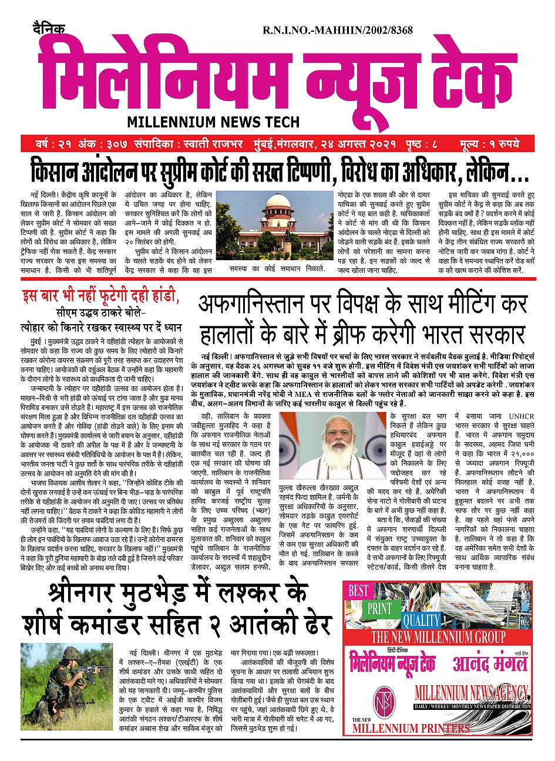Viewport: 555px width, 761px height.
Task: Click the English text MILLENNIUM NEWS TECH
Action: [x=213, y=122]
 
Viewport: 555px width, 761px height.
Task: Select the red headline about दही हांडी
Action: [x=100, y=296]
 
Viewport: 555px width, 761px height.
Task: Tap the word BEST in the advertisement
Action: [x=358, y=591]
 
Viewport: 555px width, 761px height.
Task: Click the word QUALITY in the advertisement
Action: [x=421, y=620]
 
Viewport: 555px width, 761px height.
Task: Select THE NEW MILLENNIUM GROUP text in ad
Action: [x=438, y=637]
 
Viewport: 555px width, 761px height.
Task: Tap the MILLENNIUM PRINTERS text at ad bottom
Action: [x=411, y=728]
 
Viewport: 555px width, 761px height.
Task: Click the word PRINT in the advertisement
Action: [x=379, y=608]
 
